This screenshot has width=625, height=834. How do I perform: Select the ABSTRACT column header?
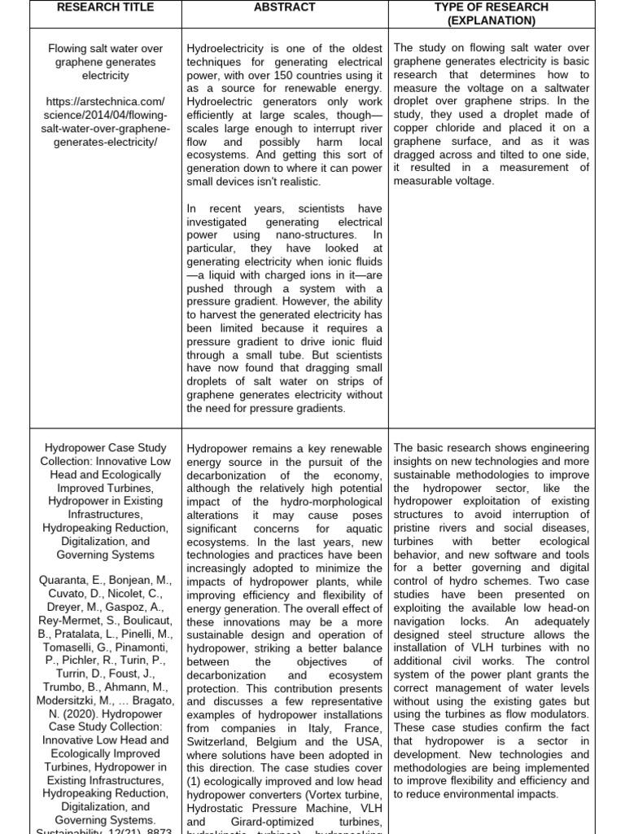click(x=284, y=7)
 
